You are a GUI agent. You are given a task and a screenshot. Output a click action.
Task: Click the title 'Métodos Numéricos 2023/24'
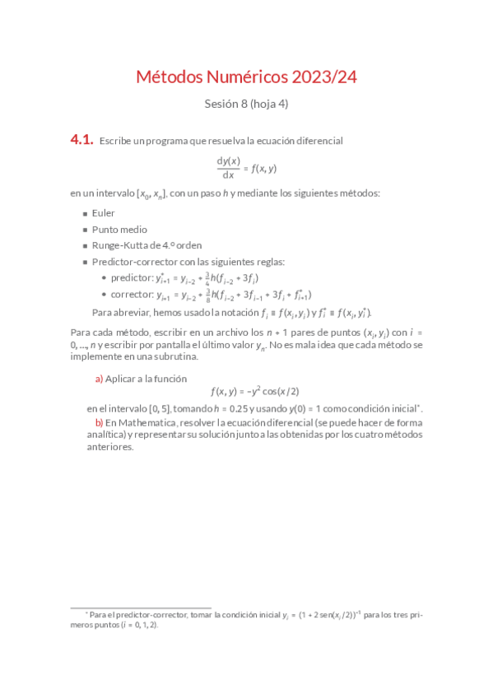point(246,77)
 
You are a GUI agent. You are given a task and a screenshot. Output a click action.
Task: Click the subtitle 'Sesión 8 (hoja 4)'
point(246,105)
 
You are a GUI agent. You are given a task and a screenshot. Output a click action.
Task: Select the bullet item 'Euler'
point(104,212)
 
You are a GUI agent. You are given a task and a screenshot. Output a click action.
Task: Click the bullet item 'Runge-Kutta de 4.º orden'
point(147,245)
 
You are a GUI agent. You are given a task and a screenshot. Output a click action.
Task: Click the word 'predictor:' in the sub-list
point(132,278)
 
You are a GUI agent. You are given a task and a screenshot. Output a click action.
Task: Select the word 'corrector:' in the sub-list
point(132,295)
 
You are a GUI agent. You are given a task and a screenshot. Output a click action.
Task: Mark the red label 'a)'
point(99,379)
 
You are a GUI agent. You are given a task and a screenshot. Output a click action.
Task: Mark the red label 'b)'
point(99,422)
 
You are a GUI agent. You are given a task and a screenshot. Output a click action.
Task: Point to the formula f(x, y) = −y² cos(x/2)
point(254,393)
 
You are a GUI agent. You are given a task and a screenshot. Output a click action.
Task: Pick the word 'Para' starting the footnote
point(99,615)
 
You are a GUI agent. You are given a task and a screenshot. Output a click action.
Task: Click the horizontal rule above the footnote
point(141,607)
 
